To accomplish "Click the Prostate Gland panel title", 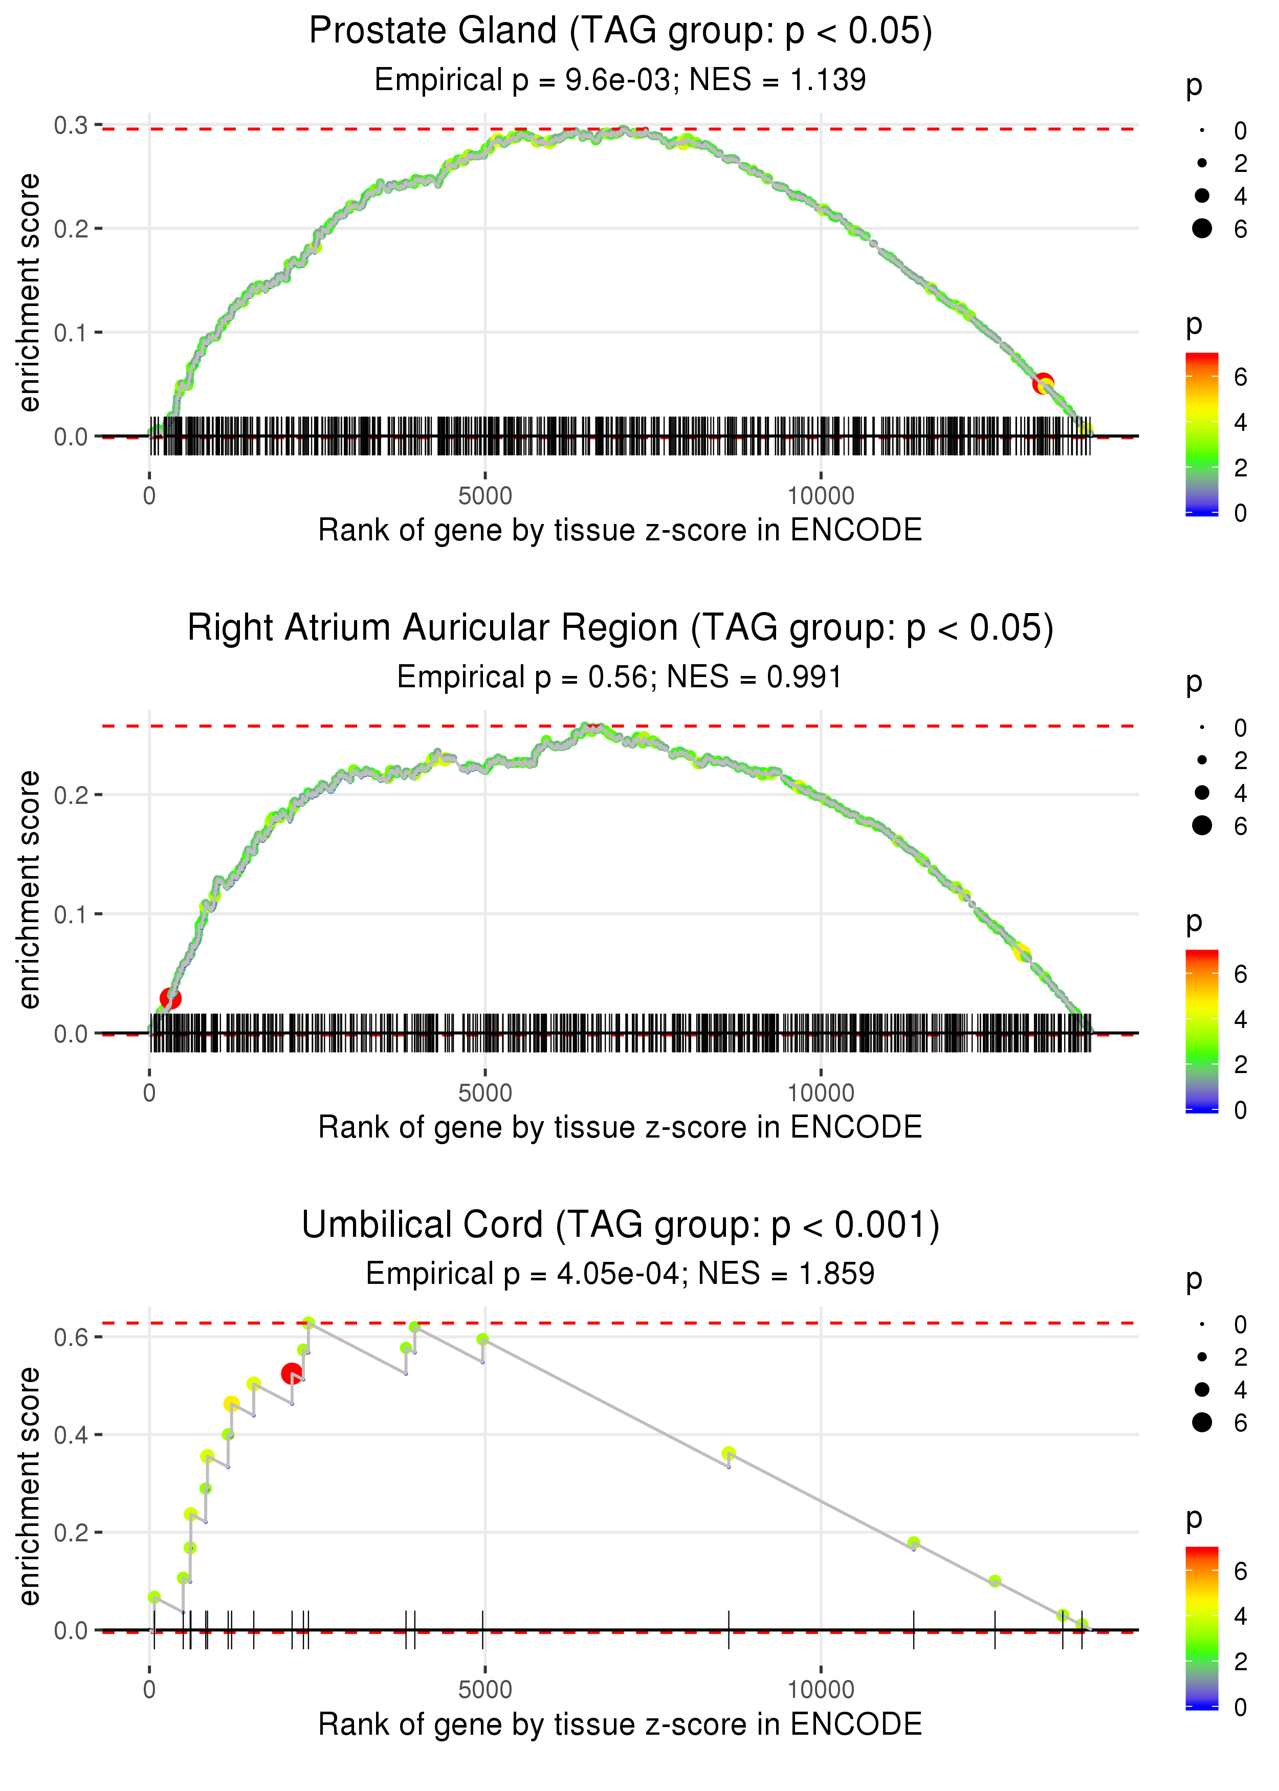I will [x=620, y=32].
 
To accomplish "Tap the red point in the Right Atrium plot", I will [x=170, y=999].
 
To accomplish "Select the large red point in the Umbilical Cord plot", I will [x=292, y=1373].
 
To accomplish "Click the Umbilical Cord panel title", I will [x=620, y=1226].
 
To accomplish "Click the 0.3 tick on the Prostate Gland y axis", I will [x=71, y=125].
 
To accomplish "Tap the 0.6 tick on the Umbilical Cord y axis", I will [x=71, y=1337].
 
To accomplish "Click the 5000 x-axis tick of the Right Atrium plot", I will [x=485, y=1093].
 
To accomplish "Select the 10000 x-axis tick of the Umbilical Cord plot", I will [x=821, y=1690].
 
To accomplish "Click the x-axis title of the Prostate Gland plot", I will [x=620, y=530].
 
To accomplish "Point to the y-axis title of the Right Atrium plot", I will [x=29, y=889].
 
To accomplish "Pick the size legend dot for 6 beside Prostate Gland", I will [x=1202, y=228].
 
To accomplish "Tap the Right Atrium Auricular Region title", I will [x=620, y=628].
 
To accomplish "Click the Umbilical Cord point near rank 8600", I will [x=729, y=1453].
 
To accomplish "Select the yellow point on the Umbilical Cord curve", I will [x=232, y=1404].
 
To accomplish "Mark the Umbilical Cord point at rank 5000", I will [x=483, y=1339].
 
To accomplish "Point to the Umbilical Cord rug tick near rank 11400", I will [x=914, y=1629].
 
